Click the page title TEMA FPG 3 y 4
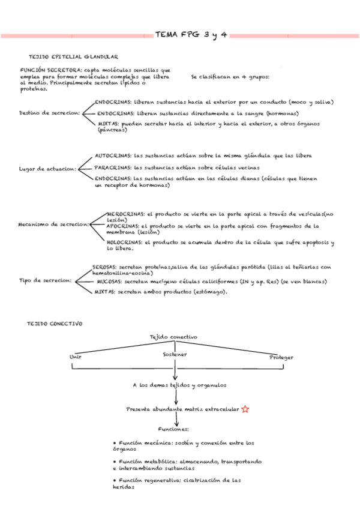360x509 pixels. (191, 35)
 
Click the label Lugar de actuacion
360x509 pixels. (48, 169)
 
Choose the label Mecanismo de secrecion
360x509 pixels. (53, 224)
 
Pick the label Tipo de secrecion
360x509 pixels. (46, 280)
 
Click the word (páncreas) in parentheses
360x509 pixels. (112, 130)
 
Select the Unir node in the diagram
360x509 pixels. (76, 356)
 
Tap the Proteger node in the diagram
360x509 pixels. (281, 357)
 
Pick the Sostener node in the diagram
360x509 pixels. (175, 354)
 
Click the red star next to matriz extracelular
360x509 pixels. (245, 409)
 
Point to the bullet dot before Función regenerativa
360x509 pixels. (115, 480)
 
